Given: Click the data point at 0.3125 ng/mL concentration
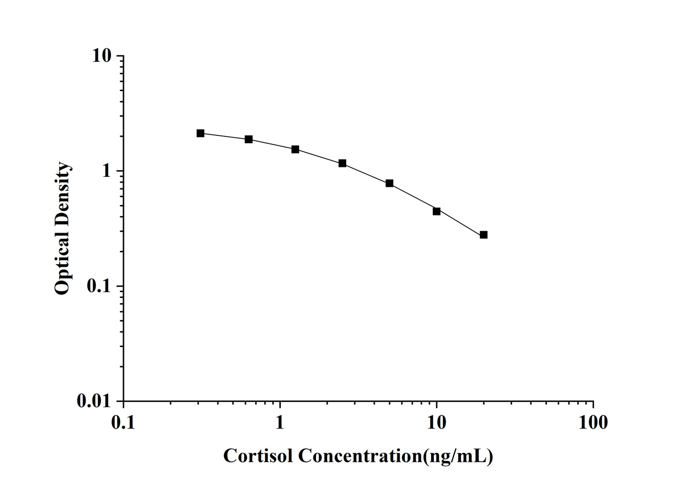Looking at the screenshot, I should tap(200, 133).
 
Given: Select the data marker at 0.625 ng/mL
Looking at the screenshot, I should tap(248, 139).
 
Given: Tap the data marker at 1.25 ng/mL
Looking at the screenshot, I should tap(295, 149).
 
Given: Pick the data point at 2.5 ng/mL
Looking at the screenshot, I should tap(342, 163).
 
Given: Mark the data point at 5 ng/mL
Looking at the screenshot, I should tap(390, 183).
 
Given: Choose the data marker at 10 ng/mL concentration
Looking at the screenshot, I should tap(436, 211).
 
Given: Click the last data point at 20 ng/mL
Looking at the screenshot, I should tap(483, 235).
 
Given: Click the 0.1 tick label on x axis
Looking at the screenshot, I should tap(123, 422).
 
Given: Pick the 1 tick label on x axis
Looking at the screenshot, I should tap(280, 422).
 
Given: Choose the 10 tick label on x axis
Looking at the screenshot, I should tap(436, 422).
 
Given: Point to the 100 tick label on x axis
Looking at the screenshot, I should tap(593, 422).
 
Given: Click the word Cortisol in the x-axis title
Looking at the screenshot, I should tap(258, 456).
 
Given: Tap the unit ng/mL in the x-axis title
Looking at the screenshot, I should tap(458, 456).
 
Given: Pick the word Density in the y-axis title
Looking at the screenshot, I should tap(62, 199).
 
